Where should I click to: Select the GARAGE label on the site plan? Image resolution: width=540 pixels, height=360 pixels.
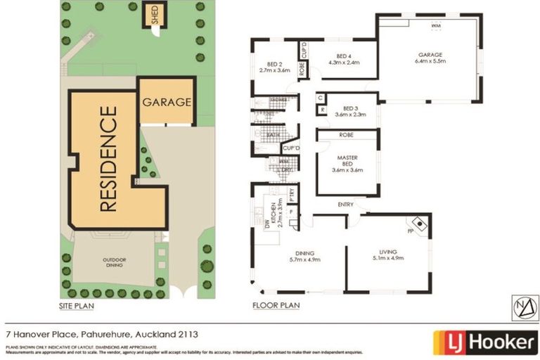pyautogui.click(x=167, y=101)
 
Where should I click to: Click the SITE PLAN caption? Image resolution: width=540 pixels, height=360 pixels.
pyautogui.click(x=77, y=306)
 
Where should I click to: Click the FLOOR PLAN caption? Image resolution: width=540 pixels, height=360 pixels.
pyautogui.click(x=276, y=306)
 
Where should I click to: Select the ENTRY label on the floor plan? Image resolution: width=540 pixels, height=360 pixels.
pyautogui.click(x=345, y=205)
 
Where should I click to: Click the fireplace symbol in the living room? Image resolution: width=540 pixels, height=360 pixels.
pyautogui.click(x=420, y=224)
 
